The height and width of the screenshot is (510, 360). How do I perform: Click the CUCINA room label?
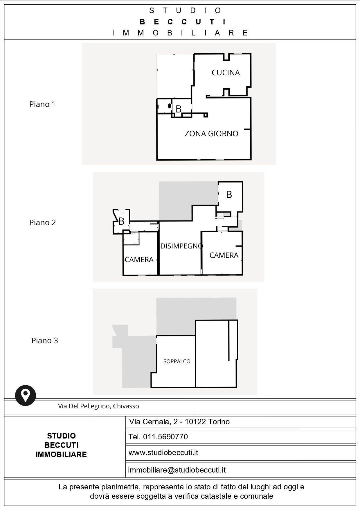click(x=226, y=73)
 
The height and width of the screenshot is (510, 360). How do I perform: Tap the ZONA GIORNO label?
click(x=211, y=134)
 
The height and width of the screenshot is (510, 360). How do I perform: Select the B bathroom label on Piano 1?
click(x=179, y=109)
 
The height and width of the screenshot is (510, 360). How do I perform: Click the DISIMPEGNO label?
click(x=181, y=246)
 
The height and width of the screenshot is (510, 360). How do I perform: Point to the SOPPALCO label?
click(x=177, y=362)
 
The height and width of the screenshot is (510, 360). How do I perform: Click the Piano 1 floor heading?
click(x=42, y=104)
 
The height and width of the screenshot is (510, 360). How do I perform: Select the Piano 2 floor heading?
click(x=42, y=223)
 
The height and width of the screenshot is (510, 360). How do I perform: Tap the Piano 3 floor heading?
click(x=45, y=341)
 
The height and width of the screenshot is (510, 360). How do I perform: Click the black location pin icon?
click(x=26, y=395)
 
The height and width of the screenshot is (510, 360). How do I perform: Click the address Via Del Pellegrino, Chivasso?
click(x=98, y=406)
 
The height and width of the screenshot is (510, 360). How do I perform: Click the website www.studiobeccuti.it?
click(x=163, y=452)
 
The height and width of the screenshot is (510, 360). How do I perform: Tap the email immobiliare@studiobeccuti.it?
click(x=177, y=470)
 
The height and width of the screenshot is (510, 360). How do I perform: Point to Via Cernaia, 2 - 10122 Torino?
click(x=179, y=422)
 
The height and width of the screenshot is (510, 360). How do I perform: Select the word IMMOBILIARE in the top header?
click(x=180, y=33)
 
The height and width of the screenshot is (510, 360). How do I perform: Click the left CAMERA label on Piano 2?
click(x=139, y=260)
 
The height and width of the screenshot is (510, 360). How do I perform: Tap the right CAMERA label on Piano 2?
click(x=224, y=255)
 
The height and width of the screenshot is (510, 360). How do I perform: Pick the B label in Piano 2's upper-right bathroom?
click(x=229, y=194)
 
